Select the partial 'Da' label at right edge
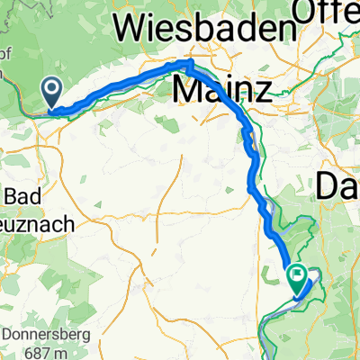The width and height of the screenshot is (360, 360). tap(338, 187)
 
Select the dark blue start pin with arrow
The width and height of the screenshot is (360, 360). tap(50, 92)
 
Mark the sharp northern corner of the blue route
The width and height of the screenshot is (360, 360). tap(188, 63)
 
